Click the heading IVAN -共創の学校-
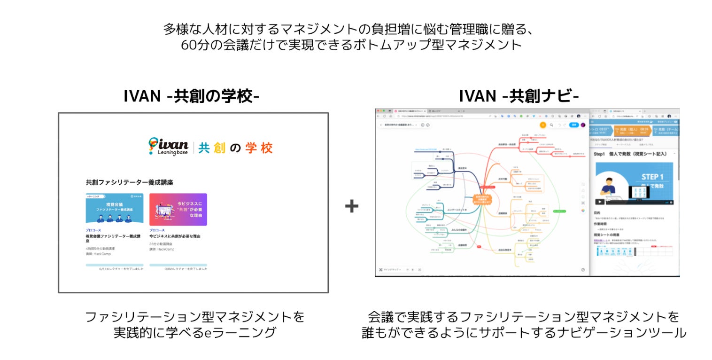tap(191, 95)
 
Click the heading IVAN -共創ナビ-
tap(519, 95)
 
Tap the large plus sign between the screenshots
tap(352, 206)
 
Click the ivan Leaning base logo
tap(168, 147)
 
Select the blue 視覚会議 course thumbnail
tap(115, 209)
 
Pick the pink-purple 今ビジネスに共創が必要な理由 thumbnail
tap(178, 209)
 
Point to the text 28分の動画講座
tap(161, 244)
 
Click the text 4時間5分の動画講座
tap(100, 249)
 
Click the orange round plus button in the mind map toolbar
tap(543, 125)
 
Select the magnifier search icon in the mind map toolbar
tap(551, 125)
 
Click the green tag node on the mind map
tap(560, 211)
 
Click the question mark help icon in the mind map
tap(583, 270)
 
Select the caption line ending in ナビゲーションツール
tap(524, 333)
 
